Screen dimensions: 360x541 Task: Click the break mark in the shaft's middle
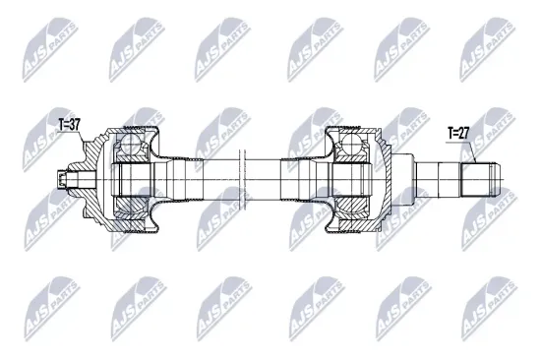(239, 180)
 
